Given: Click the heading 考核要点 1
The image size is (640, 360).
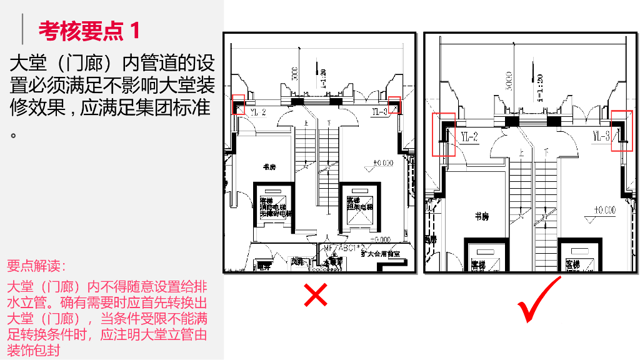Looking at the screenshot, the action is coord(89,30).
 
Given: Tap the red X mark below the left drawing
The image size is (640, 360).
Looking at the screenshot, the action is coord(316,296).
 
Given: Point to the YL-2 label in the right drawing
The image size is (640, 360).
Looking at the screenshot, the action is coord(469,136).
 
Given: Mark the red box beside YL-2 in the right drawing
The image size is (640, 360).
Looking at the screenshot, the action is coord(444,133).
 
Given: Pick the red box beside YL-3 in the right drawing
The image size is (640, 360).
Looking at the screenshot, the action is coord(622,131).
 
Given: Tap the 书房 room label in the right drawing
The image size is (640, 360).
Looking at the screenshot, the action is coord(481,216).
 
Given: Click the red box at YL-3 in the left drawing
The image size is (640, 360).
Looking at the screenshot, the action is coord(394,104).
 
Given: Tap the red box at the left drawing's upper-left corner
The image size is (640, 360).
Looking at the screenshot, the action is coord(238,104).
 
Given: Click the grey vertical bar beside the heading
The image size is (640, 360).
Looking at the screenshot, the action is coord(24,30).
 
